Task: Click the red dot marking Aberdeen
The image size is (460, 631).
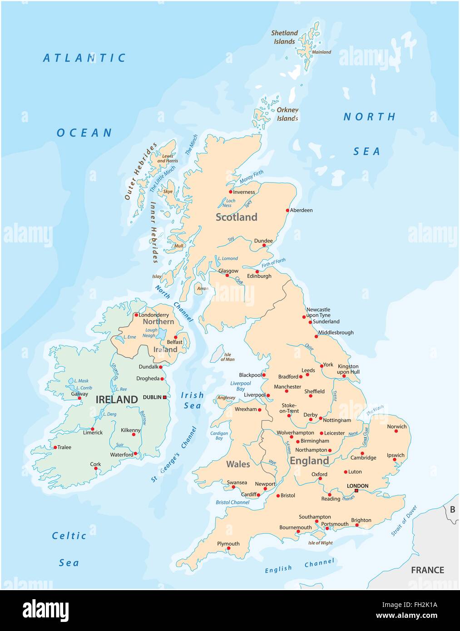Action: [x=287, y=210]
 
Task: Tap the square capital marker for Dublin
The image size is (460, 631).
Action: [x=165, y=397]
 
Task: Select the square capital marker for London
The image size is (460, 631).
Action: [x=356, y=491]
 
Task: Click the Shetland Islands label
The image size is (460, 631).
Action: [x=284, y=37]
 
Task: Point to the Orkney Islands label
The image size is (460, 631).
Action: [x=287, y=114]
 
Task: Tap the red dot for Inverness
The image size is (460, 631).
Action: [x=231, y=192]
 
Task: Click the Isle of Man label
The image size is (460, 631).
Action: [x=228, y=357]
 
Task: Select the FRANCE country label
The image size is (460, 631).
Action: [x=427, y=570]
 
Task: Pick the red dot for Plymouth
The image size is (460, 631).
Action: [x=228, y=548]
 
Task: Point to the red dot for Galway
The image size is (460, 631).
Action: [x=79, y=399]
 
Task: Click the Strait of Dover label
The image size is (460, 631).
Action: [x=404, y=521]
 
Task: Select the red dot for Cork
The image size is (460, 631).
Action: [x=96, y=468]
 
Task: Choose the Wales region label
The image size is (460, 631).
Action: [x=238, y=464]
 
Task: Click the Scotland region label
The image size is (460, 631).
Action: [x=236, y=217]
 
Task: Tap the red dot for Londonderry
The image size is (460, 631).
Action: [x=136, y=315]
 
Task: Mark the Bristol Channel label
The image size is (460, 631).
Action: [x=232, y=503]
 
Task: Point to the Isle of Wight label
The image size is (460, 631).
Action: [x=320, y=543]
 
